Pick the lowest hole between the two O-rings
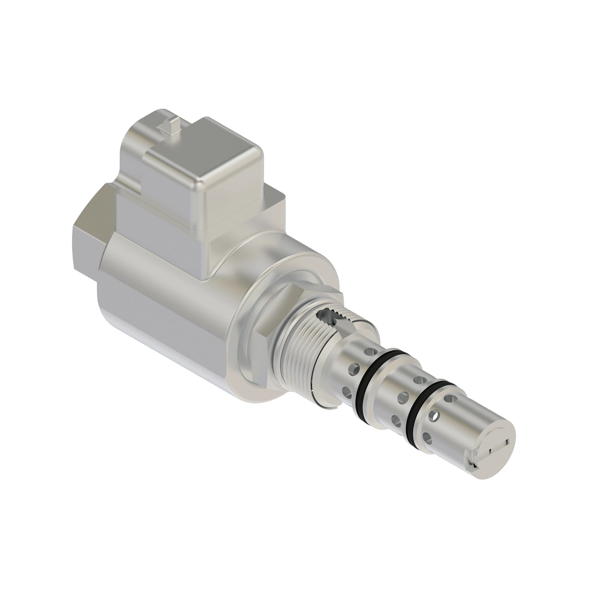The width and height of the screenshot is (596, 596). [396, 421]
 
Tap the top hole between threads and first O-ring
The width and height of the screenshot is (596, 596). [367, 351]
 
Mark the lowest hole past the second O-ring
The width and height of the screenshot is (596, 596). [426, 437]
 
